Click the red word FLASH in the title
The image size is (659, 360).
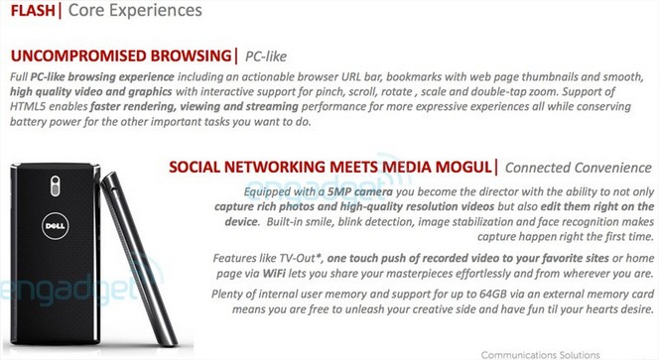(33, 11)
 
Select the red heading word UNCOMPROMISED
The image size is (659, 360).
(78, 56)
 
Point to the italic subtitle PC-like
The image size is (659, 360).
(266, 57)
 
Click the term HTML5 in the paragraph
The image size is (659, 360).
(28, 107)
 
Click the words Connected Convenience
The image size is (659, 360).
(579, 168)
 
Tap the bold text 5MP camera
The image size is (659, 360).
(360, 192)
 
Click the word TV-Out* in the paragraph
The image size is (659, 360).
(301, 258)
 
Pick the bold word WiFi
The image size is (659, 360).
(274, 274)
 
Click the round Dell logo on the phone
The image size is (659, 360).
(55, 225)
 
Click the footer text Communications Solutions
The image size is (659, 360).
(541, 355)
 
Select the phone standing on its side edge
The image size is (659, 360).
(139, 256)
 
